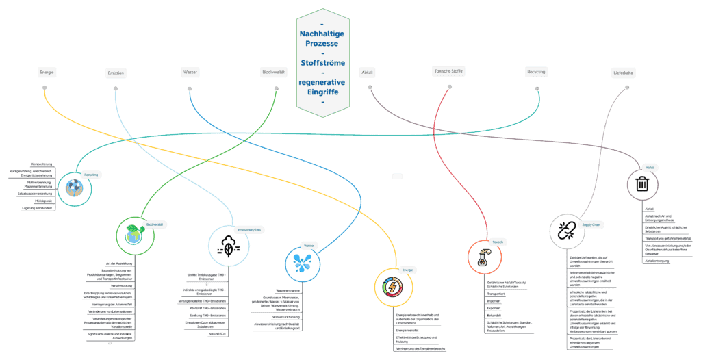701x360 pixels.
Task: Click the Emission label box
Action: point(116,73)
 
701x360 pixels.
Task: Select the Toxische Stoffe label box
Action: point(449,71)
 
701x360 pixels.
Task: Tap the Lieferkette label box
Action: point(624,73)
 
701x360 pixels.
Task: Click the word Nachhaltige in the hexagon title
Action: point(322,34)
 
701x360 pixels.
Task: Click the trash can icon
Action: point(642,184)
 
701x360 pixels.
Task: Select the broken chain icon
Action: point(565,232)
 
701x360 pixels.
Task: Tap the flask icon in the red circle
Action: point(484,256)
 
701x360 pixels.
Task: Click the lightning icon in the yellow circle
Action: point(392,287)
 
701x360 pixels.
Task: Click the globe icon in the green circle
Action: point(133,235)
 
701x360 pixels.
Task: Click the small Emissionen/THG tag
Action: point(249,230)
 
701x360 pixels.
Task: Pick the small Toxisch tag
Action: point(498,242)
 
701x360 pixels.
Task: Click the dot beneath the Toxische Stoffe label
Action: point(450,87)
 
